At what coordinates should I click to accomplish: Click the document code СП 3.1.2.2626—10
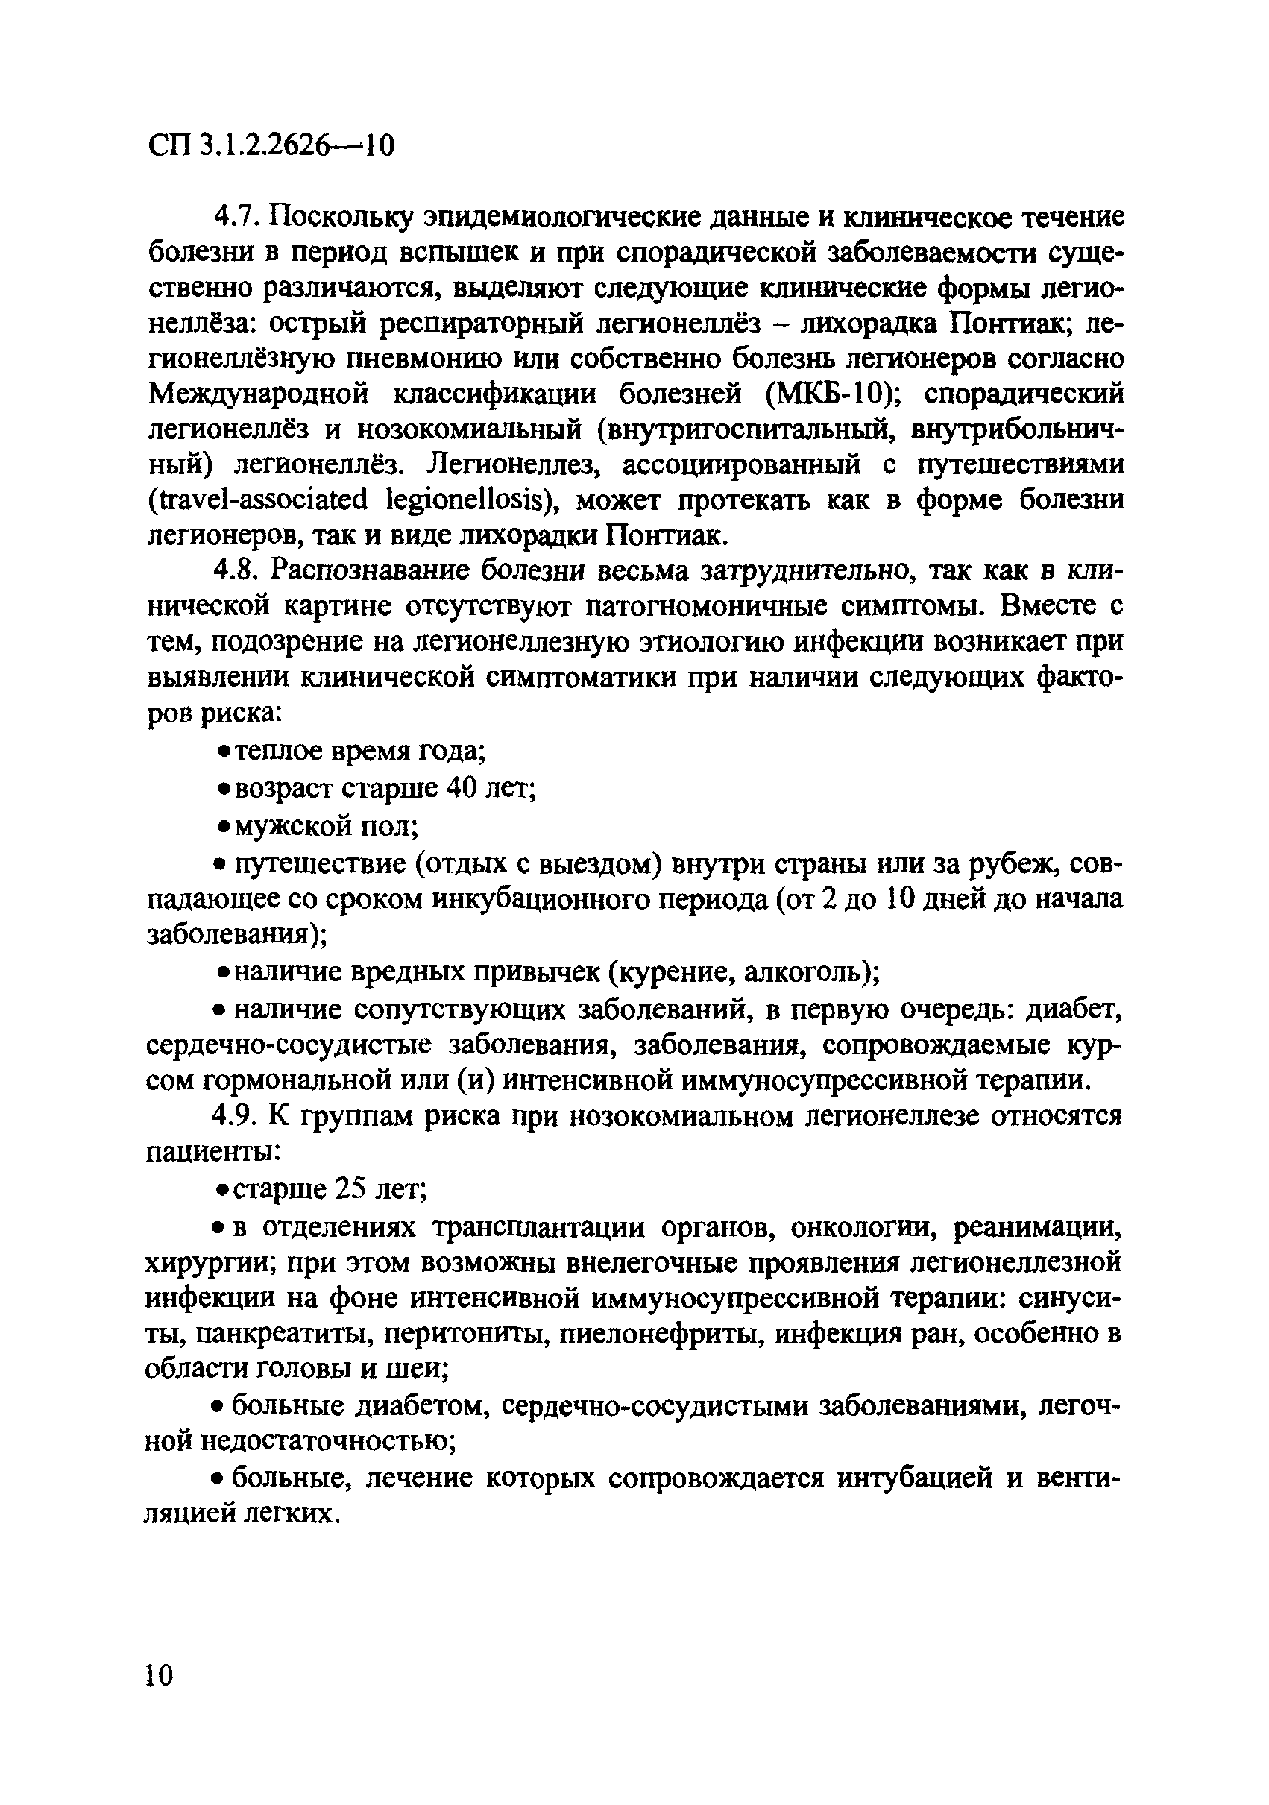click(x=271, y=145)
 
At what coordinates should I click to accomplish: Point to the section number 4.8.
click(x=239, y=571)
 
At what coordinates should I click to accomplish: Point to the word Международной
click(x=258, y=394)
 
